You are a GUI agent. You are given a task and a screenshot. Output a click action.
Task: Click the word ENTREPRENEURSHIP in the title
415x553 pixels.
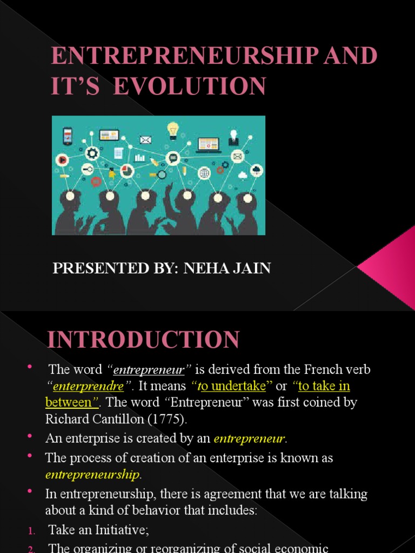pyautogui.click(x=184, y=56)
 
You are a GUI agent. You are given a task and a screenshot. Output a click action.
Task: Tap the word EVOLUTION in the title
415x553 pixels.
pyautogui.click(x=190, y=86)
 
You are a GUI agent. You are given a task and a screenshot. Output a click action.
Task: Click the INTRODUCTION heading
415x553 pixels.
pyautogui.click(x=143, y=340)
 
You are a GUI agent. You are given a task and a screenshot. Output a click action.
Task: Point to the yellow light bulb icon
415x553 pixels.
pyautogui.click(x=172, y=131)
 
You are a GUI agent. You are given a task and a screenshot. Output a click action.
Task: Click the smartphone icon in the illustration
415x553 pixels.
pyautogui.click(x=68, y=136)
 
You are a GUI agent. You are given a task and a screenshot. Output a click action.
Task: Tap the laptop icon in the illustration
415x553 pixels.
pyautogui.click(x=209, y=145)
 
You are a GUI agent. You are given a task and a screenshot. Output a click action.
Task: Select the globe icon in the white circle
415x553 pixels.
pyautogui.click(x=204, y=173)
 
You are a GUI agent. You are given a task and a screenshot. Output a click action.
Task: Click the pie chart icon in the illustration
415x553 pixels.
pyautogui.click(x=127, y=171)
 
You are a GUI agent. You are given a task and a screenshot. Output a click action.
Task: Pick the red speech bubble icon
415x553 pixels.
pyautogui.click(x=96, y=182)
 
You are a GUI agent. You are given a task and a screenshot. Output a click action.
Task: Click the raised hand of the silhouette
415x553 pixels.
pyautogui.click(x=169, y=192)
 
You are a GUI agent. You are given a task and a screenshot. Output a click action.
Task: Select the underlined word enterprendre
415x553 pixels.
pyautogui.click(x=88, y=386)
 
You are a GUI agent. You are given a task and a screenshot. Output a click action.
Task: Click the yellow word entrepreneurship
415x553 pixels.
pyautogui.click(x=92, y=475)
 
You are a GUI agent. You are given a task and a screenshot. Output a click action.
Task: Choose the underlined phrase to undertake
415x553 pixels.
pyautogui.click(x=232, y=386)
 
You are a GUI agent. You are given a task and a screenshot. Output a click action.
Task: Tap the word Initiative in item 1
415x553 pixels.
pyautogui.click(x=120, y=530)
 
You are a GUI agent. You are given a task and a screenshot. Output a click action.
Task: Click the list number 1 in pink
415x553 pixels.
pyautogui.click(x=31, y=531)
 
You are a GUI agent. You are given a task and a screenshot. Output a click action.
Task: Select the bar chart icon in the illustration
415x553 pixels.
pyautogui.click(x=140, y=158)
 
